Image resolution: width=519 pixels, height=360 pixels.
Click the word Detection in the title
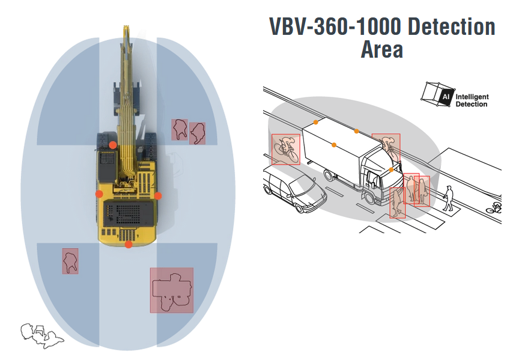click(451, 27)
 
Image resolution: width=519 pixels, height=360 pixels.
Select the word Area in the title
click(381, 50)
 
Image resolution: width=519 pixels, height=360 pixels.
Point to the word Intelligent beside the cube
click(472, 97)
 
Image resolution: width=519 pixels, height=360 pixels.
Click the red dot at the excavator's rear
click(128, 244)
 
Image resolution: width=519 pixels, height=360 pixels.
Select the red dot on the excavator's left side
click(99, 194)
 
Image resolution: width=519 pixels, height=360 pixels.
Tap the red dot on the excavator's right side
click(158, 195)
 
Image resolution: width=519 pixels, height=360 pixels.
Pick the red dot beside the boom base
click(112, 145)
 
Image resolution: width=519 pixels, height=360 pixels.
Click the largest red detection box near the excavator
click(171, 290)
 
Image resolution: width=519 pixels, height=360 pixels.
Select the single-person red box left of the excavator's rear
click(70, 261)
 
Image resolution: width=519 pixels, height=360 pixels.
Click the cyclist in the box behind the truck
click(286, 149)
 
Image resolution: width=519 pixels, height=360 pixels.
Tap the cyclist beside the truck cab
click(387, 146)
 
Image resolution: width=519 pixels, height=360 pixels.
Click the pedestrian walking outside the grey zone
click(448, 198)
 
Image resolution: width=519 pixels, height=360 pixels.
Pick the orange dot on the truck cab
click(391, 170)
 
